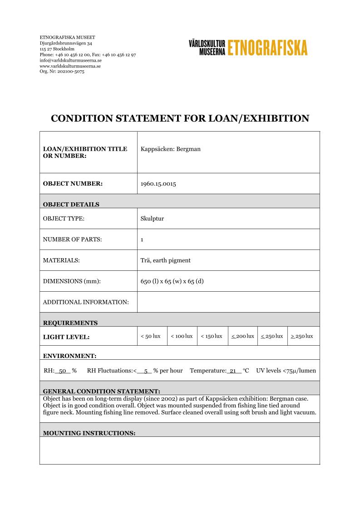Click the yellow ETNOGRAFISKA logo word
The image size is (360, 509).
[x=267, y=47]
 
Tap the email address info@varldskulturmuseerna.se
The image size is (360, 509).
[x=70, y=60]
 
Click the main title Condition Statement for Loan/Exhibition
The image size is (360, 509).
[x=180, y=118]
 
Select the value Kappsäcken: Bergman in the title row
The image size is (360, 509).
[x=171, y=149]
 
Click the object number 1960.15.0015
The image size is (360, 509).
[x=158, y=184]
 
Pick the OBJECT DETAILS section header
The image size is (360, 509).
[x=71, y=204]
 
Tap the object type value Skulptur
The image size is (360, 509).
[x=153, y=218]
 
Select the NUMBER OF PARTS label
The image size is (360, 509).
[x=72, y=239]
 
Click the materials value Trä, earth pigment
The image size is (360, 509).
[x=166, y=260]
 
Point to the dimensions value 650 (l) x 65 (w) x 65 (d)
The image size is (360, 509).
[x=172, y=281]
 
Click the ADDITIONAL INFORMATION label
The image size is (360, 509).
[x=86, y=302]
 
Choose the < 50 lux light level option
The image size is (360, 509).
[x=151, y=336]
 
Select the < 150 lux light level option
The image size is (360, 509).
[x=212, y=336]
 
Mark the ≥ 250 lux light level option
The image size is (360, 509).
[x=302, y=336]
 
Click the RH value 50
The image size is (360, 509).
[x=63, y=371]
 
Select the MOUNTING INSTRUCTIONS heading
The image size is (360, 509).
[x=89, y=433]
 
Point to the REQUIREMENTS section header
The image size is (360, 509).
[x=70, y=323]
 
